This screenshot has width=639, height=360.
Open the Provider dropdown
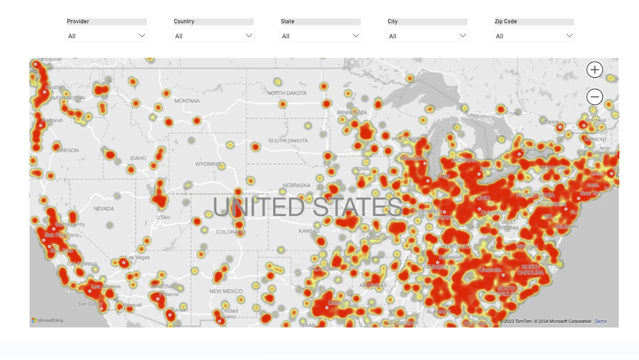(x=106, y=36)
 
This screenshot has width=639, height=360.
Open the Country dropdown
(x=213, y=36)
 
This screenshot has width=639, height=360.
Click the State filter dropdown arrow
(x=356, y=36)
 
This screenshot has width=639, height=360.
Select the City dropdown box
(x=427, y=36)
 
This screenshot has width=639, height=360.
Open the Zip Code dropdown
(x=534, y=36)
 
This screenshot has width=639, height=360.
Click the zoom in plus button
(x=595, y=70)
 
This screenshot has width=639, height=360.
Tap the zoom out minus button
(x=595, y=97)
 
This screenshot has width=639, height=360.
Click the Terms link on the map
(x=600, y=321)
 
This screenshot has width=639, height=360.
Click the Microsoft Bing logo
(x=47, y=320)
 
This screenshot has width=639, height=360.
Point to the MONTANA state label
(x=187, y=101)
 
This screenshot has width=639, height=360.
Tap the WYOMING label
(x=208, y=164)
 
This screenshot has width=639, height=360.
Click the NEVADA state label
(x=103, y=209)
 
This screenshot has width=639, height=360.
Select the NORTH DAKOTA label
(x=287, y=93)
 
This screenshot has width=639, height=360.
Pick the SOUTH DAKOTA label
(x=288, y=141)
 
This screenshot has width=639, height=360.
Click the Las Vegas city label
(x=138, y=257)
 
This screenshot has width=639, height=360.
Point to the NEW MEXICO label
(x=226, y=291)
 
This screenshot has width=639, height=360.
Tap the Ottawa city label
(x=548, y=122)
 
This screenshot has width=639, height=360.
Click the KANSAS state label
(x=309, y=231)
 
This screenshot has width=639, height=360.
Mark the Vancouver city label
(x=50, y=60)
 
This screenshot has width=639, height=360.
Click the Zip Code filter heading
(x=505, y=21)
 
